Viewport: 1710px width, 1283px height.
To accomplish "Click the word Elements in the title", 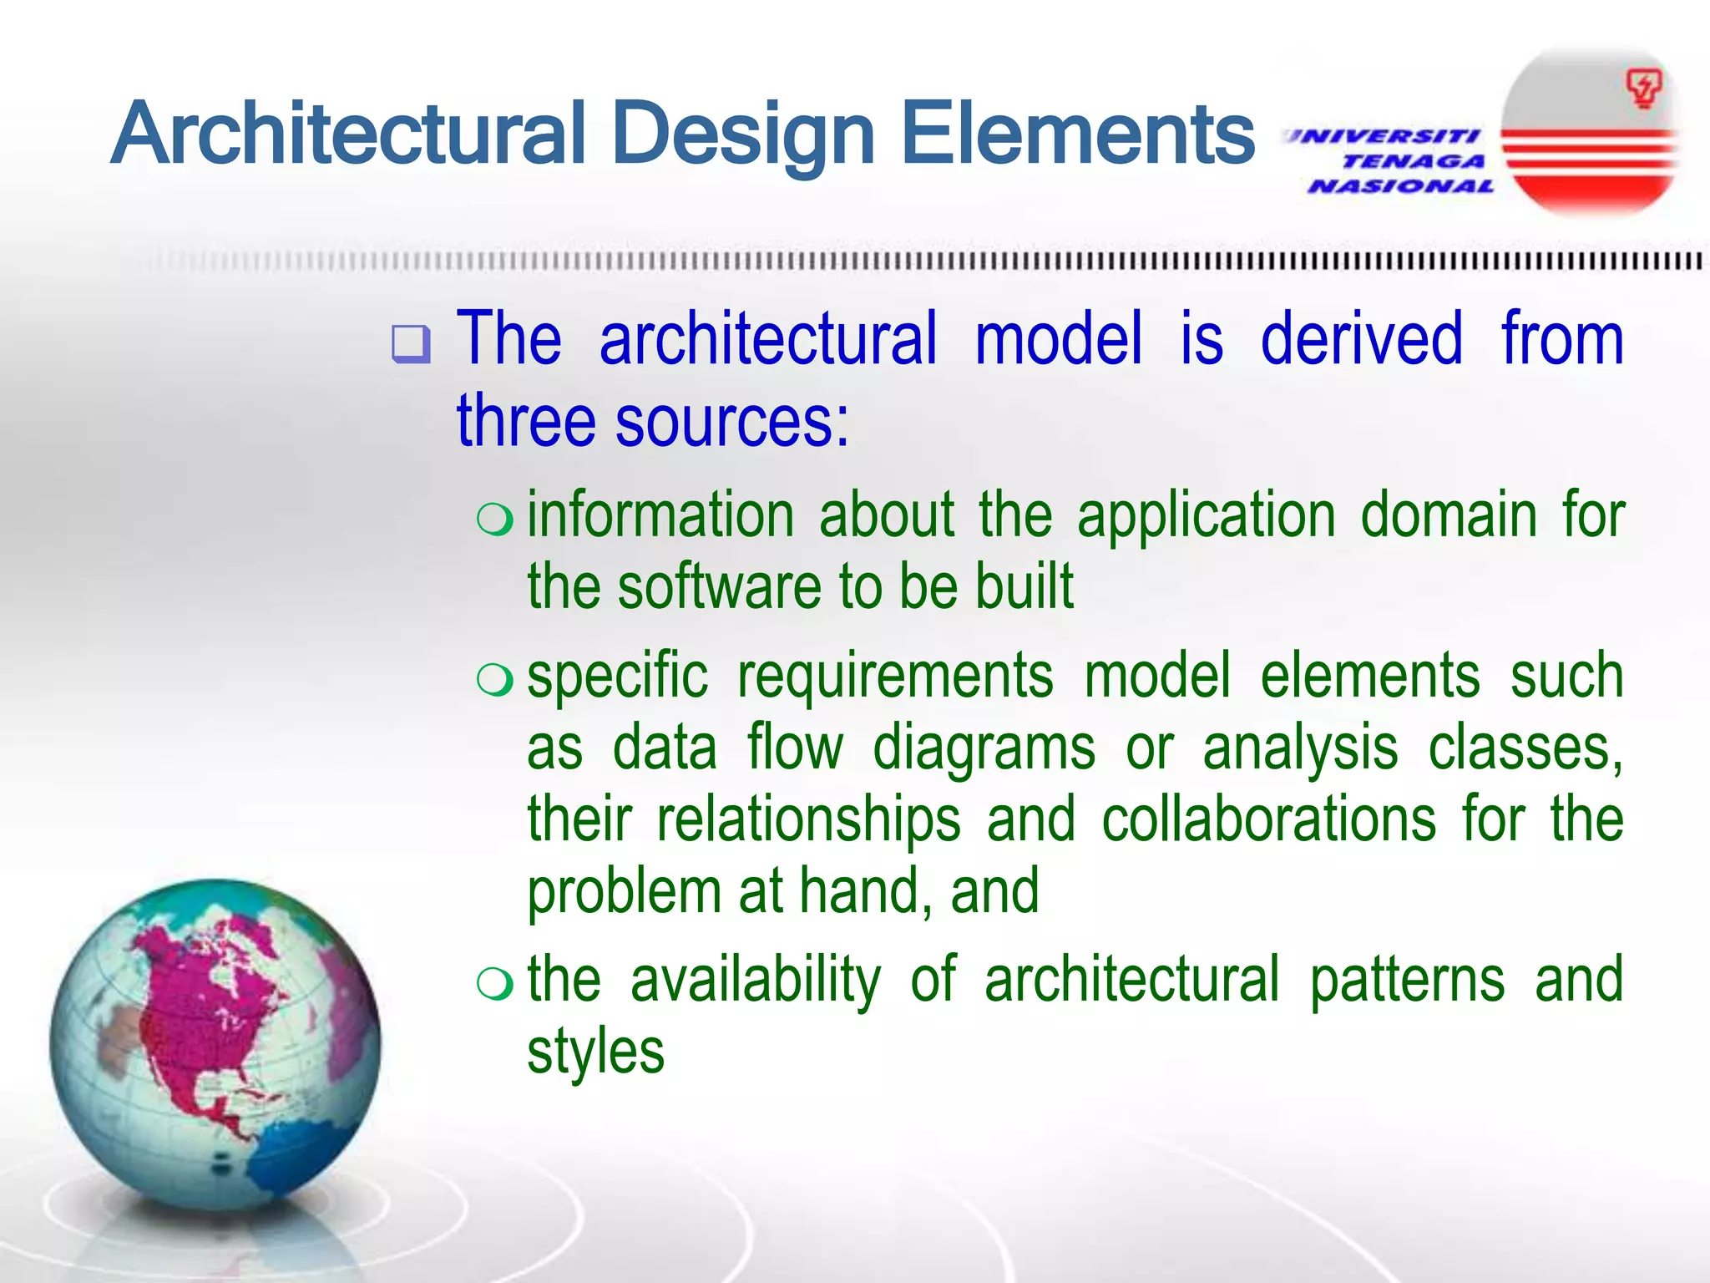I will pyautogui.click(x=1078, y=134).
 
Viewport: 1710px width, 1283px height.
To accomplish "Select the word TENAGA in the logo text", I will pyautogui.click(x=1414, y=161).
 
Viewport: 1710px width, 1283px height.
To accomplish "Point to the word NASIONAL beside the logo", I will pyautogui.click(x=1401, y=186).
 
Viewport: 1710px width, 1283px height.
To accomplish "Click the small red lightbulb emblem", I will pyautogui.click(x=1642, y=89).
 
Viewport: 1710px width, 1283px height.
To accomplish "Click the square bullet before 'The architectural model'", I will pyautogui.click(x=411, y=343).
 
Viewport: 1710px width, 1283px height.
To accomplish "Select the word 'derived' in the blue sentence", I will pyautogui.click(x=1361, y=338).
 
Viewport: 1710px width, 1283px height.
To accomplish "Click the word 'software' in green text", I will pyautogui.click(x=720, y=586).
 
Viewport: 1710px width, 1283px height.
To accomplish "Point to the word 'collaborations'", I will pyautogui.click(x=1268, y=819).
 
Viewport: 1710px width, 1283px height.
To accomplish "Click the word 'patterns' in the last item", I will pyautogui.click(x=1407, y=979).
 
